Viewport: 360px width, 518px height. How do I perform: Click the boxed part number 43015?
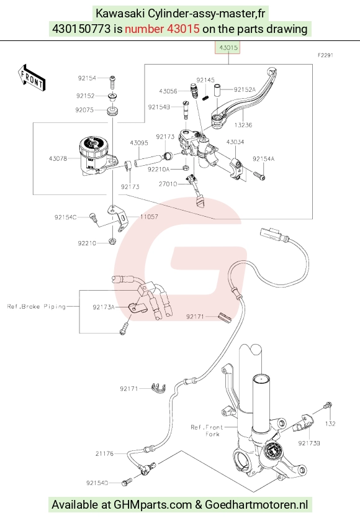[228, 48]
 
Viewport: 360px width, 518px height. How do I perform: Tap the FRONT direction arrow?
[32, 77]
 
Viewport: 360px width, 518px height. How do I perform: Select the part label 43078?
[58, 158]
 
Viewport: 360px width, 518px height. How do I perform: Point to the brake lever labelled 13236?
[244, 99]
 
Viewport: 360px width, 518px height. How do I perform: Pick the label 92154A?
[264, 159]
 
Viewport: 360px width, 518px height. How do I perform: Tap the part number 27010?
[168, 184]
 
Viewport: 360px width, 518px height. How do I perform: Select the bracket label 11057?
[149, 217]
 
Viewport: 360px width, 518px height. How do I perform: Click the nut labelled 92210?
[112, 240]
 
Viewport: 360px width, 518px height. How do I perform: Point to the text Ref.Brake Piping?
[37, 307]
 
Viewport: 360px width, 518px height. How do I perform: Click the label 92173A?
[104, 307]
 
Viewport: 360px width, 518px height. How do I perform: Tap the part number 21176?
[104, 453]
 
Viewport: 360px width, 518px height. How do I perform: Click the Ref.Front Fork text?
[207, 430]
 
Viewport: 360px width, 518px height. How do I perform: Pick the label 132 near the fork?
[330, 424]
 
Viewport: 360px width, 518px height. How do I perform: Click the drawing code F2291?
[325, 55]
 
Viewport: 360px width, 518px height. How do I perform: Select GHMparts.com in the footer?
[153, 505]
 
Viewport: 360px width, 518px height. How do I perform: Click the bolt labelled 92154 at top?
[112, 81]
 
